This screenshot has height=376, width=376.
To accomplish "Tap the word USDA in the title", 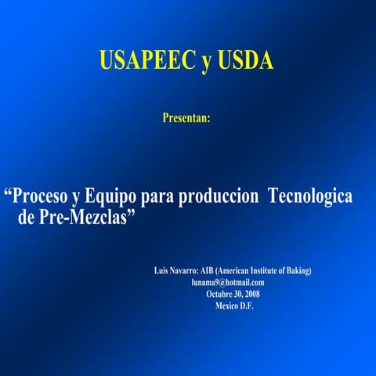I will pos(244,60).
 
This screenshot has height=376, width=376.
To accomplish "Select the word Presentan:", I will pos(186,117).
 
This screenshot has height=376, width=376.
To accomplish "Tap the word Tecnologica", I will pos(310,196).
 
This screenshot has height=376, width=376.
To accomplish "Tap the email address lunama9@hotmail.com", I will pos(228,282).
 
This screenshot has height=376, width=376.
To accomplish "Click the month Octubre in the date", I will pos(219,294).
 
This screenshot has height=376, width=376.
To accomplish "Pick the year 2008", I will pos(252,294).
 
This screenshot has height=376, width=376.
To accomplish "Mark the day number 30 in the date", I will pos(237,294).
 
